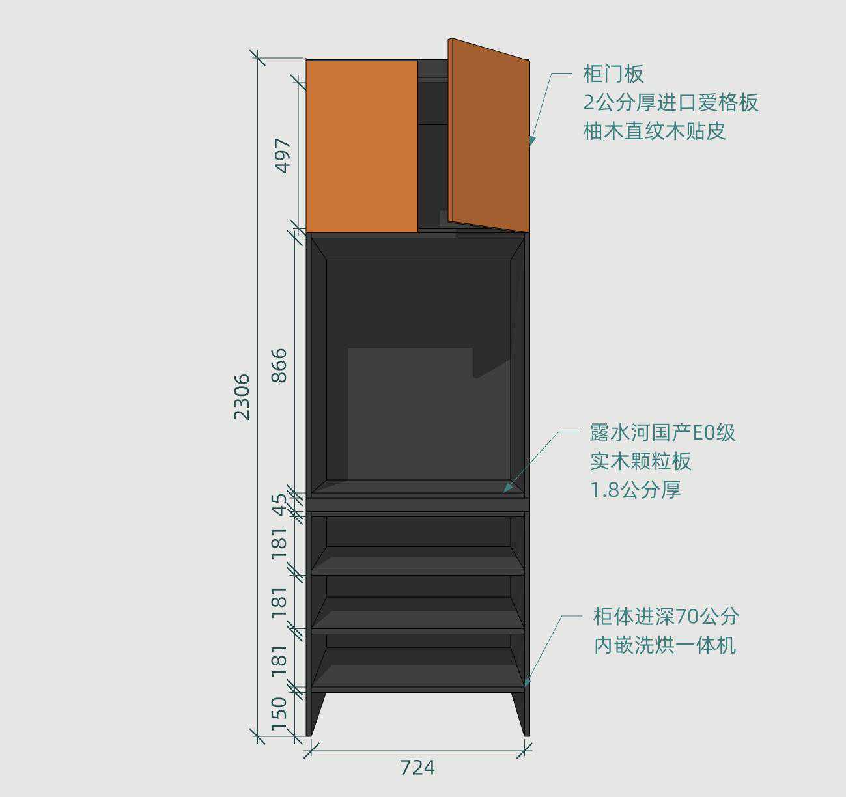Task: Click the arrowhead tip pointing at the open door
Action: tap(530, 146)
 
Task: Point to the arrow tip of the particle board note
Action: tap(503, 492)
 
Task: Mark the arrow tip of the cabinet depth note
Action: tap(524, 687)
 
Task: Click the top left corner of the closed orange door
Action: tap(306, 61)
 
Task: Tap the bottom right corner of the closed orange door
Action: tap(418, 233)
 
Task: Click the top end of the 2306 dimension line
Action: tap(258, 57)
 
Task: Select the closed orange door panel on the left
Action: tap(362, 147)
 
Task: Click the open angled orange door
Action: tap(489, 135)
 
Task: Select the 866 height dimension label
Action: tap(279, 365)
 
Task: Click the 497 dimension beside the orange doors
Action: tap(283, 155)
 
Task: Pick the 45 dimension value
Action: tap(279, 505)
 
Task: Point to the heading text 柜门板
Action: tap(613, 74)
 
